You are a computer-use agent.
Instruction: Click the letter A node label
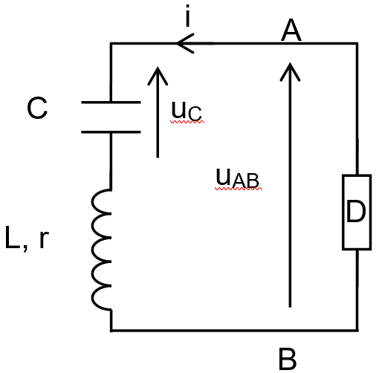(291, 30)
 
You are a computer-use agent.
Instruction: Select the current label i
(188, 16)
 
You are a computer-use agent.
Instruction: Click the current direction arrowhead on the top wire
(185, 44)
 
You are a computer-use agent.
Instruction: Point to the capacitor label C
(37, 108)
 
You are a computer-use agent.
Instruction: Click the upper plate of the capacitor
(111, 102)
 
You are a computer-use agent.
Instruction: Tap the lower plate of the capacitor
(111, 132)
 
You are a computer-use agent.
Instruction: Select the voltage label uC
(187, 111)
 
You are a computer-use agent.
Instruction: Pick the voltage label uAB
(238, 178)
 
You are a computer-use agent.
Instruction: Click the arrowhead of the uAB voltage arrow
(290, 72)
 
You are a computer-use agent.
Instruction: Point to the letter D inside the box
(356, 211)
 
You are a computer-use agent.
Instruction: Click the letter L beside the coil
(13, 237)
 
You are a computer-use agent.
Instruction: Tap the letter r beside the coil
(44, 239)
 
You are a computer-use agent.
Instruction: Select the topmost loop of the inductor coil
(101, 201)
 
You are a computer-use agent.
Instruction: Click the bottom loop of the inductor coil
(101, 298)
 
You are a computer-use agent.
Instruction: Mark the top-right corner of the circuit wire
(357, 44)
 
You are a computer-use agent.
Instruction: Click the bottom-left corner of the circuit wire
(111, 330)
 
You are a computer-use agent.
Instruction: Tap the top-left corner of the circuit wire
(111, 44)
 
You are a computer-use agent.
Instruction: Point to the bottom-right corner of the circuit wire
(357, 330)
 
